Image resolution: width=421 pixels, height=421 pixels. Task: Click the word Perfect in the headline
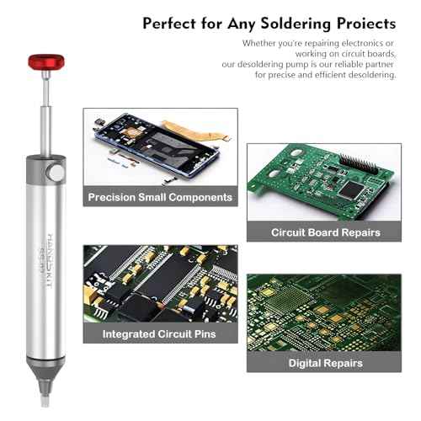point(173,22)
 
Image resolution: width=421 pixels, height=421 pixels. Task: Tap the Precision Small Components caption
point(160,198)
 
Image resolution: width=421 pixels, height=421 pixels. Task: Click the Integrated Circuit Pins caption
point(160,335)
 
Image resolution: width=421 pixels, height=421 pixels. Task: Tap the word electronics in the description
point(367,42)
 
